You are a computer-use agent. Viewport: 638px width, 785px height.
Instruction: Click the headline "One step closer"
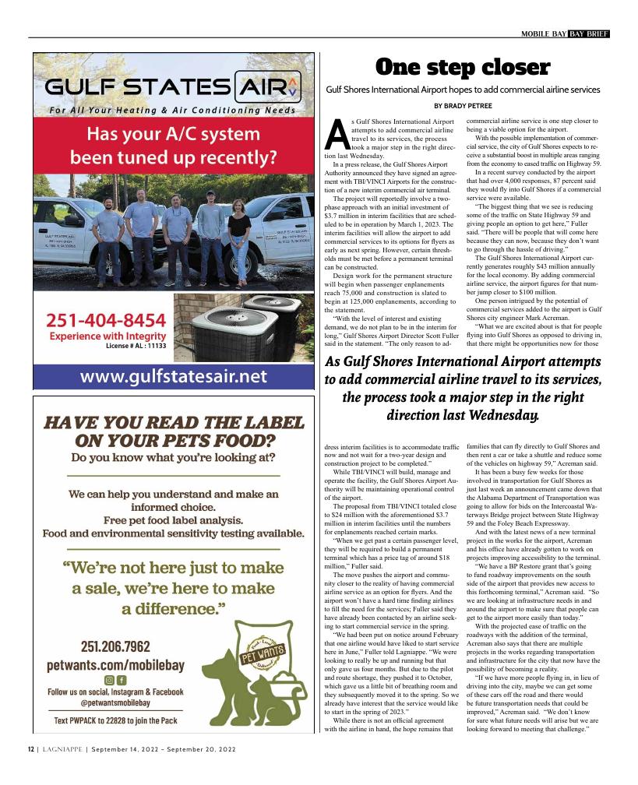pyautogui.click(x=463, y=68)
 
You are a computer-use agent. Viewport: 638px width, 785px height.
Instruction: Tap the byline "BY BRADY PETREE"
pyautogui.click(x=463, y=105)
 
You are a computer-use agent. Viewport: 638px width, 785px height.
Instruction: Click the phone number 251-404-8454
pyautogui.click(x=106, y=320)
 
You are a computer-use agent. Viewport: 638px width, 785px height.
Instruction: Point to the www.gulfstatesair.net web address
pyautogui.click(x=173, y=377)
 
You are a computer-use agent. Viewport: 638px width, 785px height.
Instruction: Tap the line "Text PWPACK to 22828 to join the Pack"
pyautogui.click(x=115, y=720)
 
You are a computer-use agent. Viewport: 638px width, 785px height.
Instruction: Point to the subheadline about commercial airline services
pyautogui.click(x=463, y=90)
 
